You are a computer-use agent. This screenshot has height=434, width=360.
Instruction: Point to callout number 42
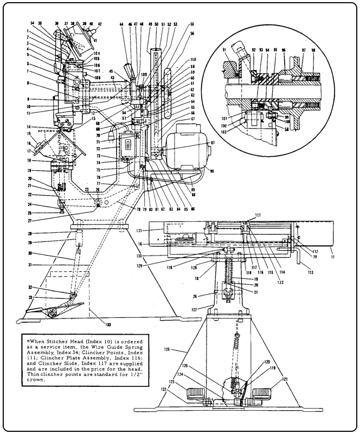pyautogui.click(x=100, y=24)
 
